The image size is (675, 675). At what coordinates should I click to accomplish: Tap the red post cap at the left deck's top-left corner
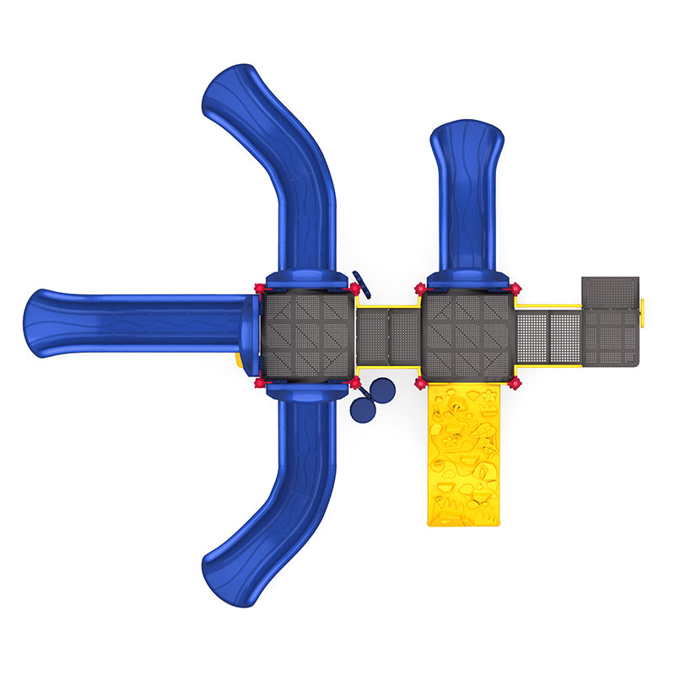[x=258, y=289]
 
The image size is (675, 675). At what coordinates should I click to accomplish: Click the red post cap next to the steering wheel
[x=354, y=289]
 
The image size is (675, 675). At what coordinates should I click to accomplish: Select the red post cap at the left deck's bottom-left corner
[x=259, y=384]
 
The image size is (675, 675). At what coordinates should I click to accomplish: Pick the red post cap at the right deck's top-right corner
[x=515, y=289]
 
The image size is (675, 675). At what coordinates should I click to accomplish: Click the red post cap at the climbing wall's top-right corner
[x=514, y=384]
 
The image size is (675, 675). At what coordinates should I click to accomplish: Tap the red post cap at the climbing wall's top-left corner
[x=419, y=384]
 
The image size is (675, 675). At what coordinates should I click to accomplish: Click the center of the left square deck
[x=305, y=336]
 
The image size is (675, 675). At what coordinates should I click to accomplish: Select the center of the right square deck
[x=467, y=336]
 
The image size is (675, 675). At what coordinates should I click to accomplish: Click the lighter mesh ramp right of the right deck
[x=547, y=337]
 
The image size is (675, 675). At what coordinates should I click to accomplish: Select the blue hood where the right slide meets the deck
[x=467, y=279]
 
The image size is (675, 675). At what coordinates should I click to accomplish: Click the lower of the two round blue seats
[x=362, y=410]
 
